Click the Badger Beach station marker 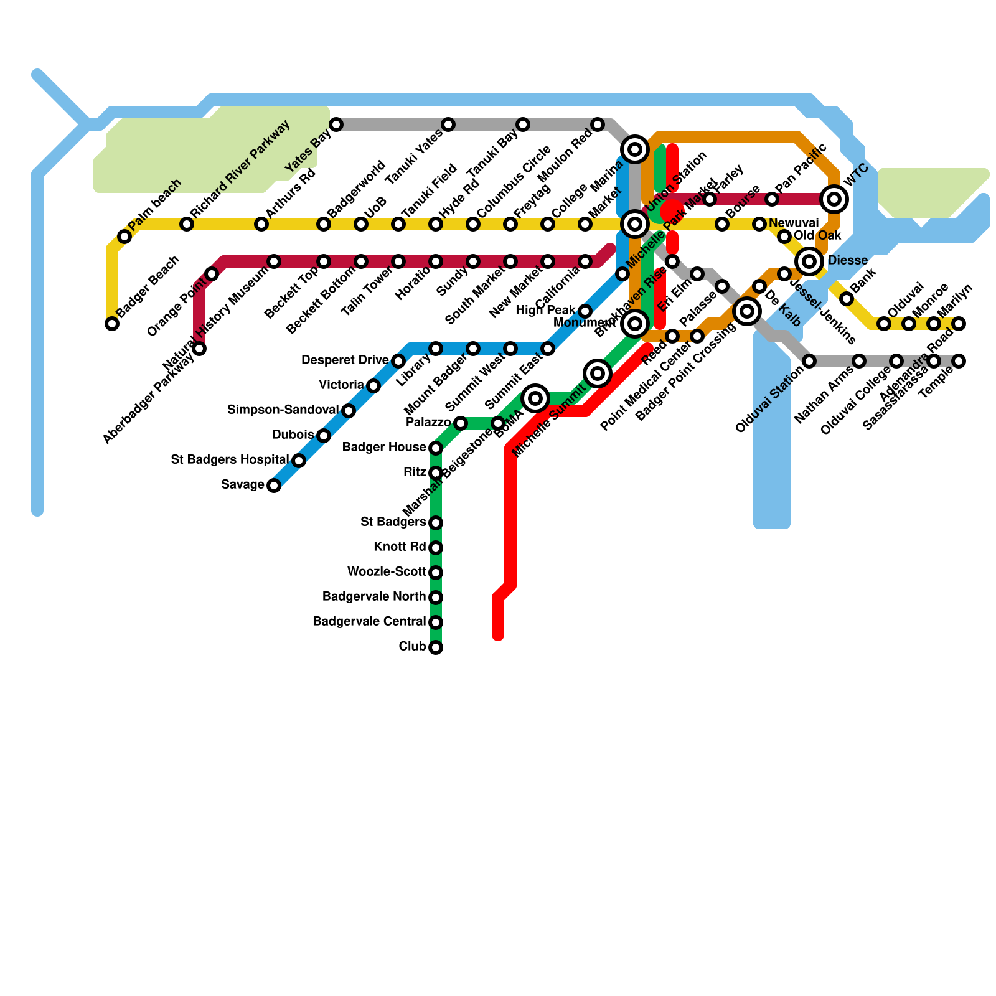coord(112,324)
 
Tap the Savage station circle coord(274,486)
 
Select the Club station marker coord(436,647)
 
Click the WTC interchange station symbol coord(834,199)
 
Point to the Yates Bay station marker coord(336,125)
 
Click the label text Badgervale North coord(374,597)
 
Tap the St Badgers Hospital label coord(230,460)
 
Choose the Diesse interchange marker coord(809,261)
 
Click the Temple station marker coord(959,361)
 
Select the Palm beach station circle coord(125,237)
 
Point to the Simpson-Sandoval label coord(283,410)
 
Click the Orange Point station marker coord(212,274)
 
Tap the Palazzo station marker coord(461,423)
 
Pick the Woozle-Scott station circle coord(436,573)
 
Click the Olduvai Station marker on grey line coord(809,361)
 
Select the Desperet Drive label coord(345,360)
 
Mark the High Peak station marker coord(585,311)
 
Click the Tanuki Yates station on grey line coord(448,125)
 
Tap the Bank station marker coord(847,299)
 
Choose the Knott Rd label coord(400,547)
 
